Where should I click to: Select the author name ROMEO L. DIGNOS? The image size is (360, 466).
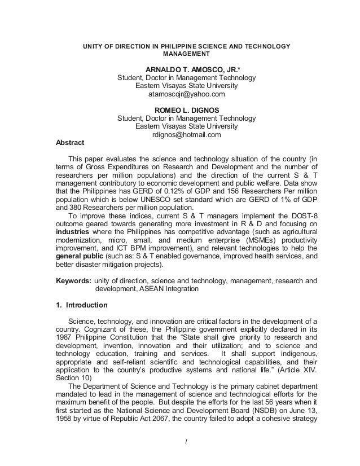pyautogui.click(x=186, y=109)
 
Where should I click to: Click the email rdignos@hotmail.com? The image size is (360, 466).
pyautogui.click(x=186, y=135)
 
